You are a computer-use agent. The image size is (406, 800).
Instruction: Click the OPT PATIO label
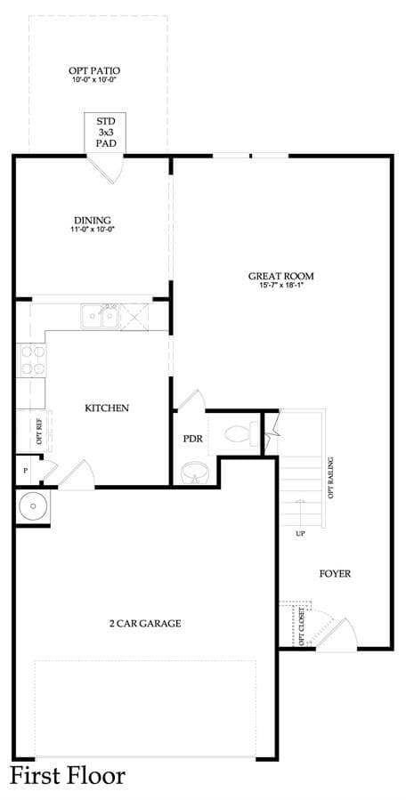pos(94,71)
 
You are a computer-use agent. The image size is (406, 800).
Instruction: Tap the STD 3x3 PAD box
pos(105,133)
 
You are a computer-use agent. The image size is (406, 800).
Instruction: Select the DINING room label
pos(93,221)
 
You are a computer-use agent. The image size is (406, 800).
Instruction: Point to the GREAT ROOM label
pos(280,276)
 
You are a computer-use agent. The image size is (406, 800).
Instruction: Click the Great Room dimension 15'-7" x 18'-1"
pos(280,286)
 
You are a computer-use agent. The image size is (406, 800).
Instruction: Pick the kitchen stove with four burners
pos(31,360)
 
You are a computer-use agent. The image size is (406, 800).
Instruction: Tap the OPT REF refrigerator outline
pos(34,431)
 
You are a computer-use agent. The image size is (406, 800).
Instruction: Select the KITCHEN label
pos(106,408)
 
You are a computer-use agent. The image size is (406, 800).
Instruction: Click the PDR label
pos(192,439)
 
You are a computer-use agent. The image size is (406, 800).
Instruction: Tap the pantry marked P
pos(25,470)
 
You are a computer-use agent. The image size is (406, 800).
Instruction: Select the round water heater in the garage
pos(33,506)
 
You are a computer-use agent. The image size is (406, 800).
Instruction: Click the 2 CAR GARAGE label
pos(145,623)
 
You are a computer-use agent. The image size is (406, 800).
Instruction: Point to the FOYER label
pos(335,573)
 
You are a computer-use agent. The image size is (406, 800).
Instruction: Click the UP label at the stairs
pos(300,534)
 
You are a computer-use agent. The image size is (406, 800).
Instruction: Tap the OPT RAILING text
pos(331,478)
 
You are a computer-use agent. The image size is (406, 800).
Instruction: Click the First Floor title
pos(68,775)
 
